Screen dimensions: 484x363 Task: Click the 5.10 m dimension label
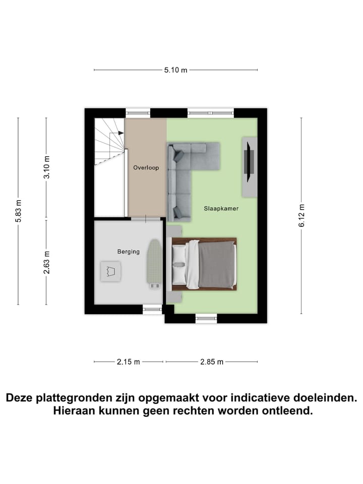(x=175, y=70)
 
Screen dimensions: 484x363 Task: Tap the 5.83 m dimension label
(x=19, y=211)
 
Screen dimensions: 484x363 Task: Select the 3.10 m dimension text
(x=46, y=168)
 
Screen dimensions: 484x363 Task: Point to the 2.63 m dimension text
(x=46, y=263)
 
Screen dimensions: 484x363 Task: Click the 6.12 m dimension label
(x=301, y=215)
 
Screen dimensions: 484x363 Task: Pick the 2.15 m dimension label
(x=128, y=361)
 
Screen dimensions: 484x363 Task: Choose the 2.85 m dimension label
(x=211, y=361)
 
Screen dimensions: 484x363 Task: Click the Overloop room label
(x=146, y=167)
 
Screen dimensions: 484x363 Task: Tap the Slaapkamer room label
(x=221, y=208)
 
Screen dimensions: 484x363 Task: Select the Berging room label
(x=128, y=252)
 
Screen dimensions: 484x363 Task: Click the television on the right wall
(x=249, y=160)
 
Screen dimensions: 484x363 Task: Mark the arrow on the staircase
(x=119, y=133)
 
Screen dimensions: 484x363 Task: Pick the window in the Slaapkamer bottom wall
(x=206, y=318)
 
